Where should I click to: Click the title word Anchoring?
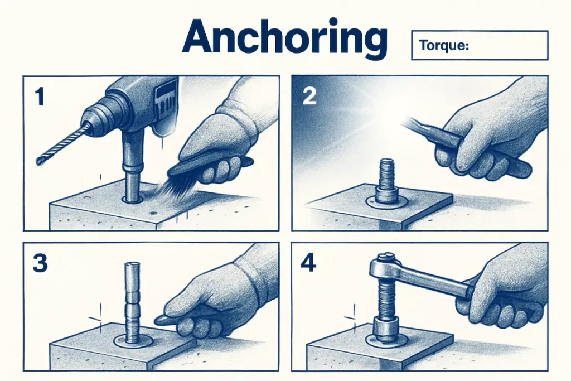(284, 38)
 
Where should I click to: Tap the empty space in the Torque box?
(507, 46)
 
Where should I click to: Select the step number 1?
(38, 98)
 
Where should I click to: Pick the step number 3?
(40, 262)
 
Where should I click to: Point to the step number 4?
(310, 262)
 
